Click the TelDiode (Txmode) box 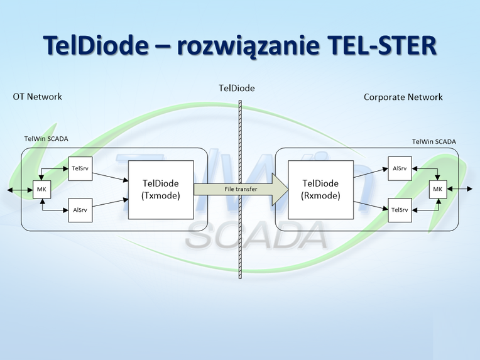161,189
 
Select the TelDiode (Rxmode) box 320,189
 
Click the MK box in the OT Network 41,189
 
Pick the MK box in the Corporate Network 437,189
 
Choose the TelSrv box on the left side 80,168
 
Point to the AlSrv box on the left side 80,210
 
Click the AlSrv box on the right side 400,168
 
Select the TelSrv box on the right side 400,210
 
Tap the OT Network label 38,97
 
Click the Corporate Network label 403,97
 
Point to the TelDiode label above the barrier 237,88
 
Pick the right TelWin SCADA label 434,142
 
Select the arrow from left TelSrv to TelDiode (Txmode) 110,177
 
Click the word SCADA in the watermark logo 256,236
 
